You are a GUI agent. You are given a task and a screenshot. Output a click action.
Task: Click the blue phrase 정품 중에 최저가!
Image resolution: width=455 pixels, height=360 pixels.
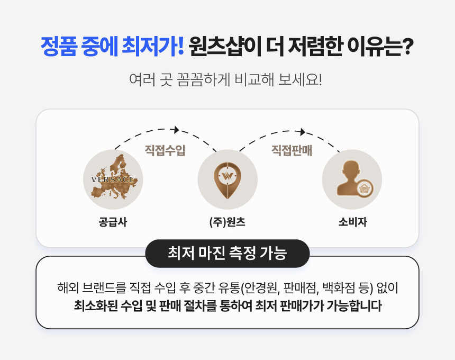112,46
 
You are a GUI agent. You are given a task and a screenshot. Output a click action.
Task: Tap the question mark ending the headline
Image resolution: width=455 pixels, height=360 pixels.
408,46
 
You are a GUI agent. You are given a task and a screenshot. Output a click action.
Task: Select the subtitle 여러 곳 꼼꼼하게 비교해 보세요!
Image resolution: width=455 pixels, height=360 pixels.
225,79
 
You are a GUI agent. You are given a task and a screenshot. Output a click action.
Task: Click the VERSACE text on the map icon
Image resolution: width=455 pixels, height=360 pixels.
113,179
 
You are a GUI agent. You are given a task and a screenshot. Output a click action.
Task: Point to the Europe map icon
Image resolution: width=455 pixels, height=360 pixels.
114,177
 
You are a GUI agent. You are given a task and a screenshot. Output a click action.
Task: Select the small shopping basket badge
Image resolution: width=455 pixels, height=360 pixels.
364,188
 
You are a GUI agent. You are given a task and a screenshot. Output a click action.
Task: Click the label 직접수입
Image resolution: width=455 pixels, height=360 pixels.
165,150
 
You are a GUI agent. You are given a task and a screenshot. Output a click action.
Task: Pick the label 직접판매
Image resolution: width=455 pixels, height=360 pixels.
292,150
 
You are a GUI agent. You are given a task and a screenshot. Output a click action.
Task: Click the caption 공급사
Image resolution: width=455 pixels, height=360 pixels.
113,222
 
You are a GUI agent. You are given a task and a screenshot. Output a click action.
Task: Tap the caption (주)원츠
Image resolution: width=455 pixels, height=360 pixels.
228,222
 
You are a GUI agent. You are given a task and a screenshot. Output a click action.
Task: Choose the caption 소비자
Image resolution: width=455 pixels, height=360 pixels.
352,222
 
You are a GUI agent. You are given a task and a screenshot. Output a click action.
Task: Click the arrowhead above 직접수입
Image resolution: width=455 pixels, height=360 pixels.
176,130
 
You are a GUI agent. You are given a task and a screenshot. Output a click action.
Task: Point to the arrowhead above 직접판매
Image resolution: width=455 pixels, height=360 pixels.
303,132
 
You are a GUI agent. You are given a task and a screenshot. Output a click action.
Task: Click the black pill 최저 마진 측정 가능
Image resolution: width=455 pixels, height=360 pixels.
228,253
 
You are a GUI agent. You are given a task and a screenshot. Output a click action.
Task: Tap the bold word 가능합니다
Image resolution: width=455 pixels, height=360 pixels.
354,305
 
